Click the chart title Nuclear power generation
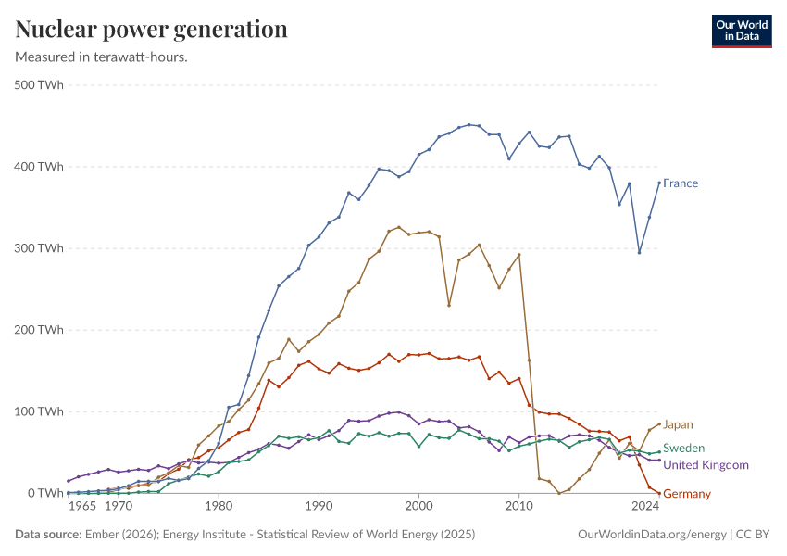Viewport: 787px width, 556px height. click(151, 30)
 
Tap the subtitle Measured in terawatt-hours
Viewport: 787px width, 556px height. click(102, 57)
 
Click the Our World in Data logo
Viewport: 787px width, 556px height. click(741, 31)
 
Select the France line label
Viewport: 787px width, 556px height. click(681, 183)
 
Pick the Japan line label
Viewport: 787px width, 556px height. click(678, 424)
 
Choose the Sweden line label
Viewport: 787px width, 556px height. click(683, 449)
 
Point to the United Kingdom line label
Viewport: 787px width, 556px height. click(706, 465)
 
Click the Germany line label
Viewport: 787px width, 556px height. click(687, 494)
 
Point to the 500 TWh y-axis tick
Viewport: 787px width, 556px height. click(39, 85)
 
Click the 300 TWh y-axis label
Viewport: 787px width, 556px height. click(39, 248)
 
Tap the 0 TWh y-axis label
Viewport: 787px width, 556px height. click(44, 493)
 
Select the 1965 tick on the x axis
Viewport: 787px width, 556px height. click(82, 507)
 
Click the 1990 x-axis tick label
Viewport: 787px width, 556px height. click(319, 507)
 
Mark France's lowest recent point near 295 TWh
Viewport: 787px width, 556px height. click(639, 252)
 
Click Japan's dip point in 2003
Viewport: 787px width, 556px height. click(449, 305)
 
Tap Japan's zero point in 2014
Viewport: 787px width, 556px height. click(559, 493)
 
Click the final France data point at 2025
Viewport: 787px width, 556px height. click(659, 183)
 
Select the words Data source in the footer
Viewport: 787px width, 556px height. click(45, 535)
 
